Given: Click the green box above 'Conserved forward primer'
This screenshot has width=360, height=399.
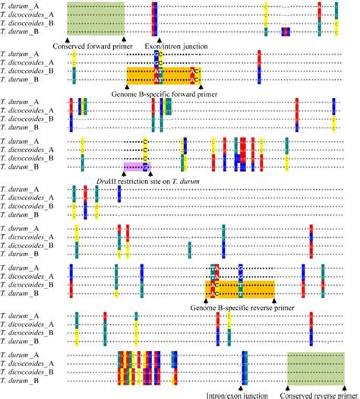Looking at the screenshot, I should point(95,18).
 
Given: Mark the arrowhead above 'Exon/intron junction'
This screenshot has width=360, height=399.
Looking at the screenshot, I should point(157,38).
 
